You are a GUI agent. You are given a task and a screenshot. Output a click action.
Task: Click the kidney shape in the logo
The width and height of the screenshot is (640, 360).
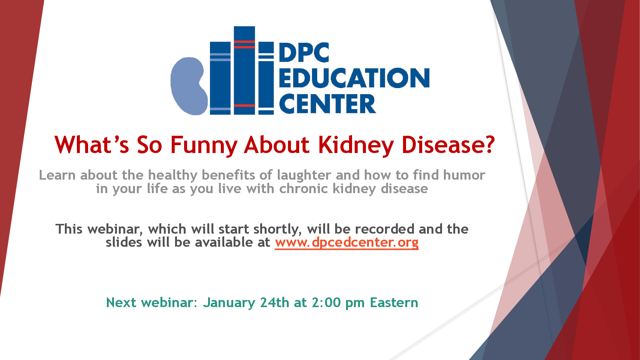tap(189, 86)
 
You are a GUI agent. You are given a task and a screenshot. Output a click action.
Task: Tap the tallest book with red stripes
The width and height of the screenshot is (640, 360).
tap(244, 70)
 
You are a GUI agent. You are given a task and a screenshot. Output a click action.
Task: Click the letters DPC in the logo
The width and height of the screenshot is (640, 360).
tap(304, 52)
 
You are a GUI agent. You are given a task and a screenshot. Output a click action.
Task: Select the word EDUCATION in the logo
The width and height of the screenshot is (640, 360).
tap(354, 78)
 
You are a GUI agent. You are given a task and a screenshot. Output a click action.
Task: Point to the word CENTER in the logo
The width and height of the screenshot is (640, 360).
tap(327, 103)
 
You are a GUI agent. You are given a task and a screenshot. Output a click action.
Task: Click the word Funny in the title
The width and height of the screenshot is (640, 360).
tap(204, 145)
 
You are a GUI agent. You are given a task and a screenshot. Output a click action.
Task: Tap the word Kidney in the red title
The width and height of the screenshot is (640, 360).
tap(356, 145)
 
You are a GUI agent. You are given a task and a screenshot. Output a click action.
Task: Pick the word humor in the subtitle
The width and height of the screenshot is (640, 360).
tap(464, 175)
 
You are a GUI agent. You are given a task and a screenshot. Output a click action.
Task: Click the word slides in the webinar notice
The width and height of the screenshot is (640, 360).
tap(124, 242)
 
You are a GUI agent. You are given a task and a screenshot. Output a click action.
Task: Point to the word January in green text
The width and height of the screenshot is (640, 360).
tap(229, 303)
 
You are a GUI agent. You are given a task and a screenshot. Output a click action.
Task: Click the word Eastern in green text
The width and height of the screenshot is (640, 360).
tap(394, 303)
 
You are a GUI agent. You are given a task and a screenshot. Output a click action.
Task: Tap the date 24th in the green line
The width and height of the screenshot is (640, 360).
tap(274, 303)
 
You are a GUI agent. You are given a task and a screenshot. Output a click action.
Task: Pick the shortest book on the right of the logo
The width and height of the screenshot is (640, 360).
tap(266, 78)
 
